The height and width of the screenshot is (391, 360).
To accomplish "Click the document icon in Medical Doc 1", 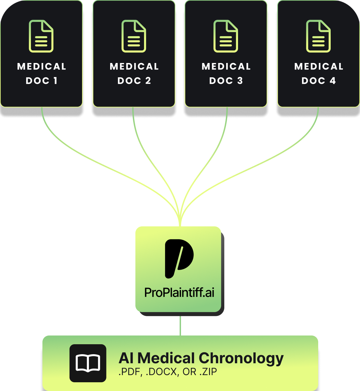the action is click(41, 36).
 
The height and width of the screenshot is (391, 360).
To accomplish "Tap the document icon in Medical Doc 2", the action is click(134, 36).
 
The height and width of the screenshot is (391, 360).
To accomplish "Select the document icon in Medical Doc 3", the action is click(226, 36).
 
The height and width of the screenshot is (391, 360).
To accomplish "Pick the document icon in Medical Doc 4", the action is click(318, 36).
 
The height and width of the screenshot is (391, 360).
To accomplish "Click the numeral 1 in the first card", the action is click(55, 81).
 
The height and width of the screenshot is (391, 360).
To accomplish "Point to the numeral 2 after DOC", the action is click(148, 81).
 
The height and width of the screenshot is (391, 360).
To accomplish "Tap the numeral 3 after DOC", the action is click(240, 81).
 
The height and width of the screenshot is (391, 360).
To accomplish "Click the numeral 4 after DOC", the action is click(333, 81).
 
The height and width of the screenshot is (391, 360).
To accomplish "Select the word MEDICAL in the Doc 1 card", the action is click(41, 66).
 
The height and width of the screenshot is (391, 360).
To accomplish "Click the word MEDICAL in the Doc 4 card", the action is click(319, 66).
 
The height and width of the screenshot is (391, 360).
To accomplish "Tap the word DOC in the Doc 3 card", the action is click(221, 81).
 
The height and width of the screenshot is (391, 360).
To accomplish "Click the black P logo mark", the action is click(179, 258).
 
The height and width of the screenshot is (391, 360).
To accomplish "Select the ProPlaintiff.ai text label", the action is click(179, 293).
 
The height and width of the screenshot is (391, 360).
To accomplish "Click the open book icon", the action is click(88, 363).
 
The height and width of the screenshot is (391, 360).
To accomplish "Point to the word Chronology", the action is click(241, 359).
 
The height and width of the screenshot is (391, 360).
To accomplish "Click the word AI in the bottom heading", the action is click(126, 359).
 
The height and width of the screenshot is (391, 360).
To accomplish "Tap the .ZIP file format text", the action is click(208, 372).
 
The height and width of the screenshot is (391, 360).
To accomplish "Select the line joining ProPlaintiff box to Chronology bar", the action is click(180, 326).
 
